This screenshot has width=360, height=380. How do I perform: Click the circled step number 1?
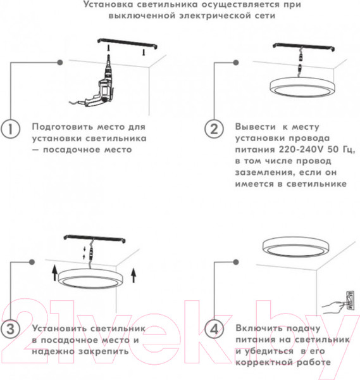[10, 129]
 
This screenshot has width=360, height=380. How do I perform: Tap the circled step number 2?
[214, 129]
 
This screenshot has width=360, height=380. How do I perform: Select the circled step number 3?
[10, 329]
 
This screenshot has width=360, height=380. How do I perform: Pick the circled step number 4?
[214, 329]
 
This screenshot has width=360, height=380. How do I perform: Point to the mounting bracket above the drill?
[127, 44]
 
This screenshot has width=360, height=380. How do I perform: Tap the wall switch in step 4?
[350, 300]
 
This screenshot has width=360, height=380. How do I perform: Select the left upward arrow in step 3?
[55, 273]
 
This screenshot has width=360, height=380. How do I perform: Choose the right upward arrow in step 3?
[133, 275]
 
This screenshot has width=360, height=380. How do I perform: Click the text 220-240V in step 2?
[301, 149]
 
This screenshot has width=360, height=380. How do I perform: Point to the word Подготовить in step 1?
[62, 127]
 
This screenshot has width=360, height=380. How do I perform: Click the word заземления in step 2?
[265, 173]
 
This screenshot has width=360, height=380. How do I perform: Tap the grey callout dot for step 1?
[60, 63]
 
